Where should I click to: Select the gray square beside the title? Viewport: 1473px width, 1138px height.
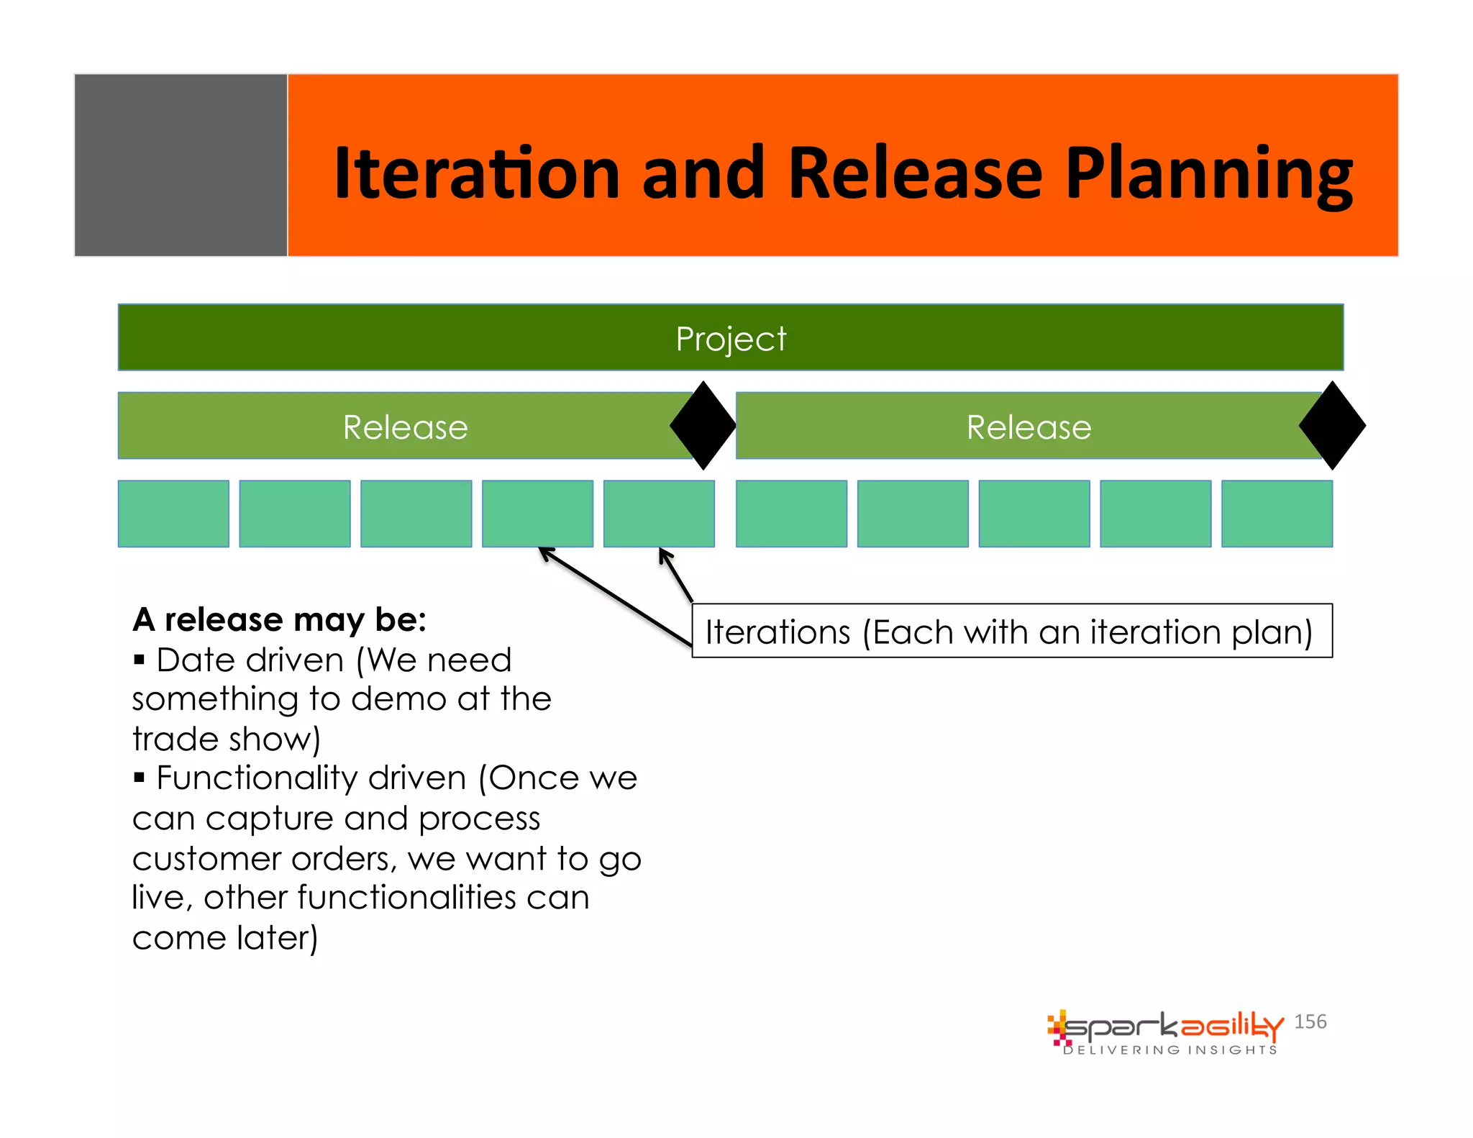tap(181, 165)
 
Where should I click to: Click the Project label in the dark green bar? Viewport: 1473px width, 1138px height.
tap(731, 338)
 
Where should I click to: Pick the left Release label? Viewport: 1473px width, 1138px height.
tap(405, 427)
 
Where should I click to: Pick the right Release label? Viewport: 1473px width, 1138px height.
tap(1029, 427)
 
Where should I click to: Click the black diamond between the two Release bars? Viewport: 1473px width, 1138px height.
tap(703, 426)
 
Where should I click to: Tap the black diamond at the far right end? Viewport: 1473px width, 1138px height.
tap(1332, 426)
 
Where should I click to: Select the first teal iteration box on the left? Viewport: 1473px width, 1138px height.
tap(173, 514)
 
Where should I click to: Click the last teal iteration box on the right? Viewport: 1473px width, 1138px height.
tap(1277, 514)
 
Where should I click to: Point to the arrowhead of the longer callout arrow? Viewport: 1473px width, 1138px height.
tap(544, 552)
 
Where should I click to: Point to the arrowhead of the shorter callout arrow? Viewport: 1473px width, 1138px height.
tap(663, 552)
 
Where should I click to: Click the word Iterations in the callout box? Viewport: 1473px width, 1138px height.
tap(777, 632)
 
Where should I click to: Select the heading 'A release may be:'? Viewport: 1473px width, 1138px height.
tap(279, 619)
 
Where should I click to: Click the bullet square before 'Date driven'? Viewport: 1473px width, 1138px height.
tap(140, 659)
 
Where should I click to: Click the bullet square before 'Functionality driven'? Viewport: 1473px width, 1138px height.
tap(140, 777)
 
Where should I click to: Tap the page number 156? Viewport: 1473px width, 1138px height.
tap(1310, 1021)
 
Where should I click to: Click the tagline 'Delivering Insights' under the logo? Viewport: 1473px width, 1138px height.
tap(1170, 1050)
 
